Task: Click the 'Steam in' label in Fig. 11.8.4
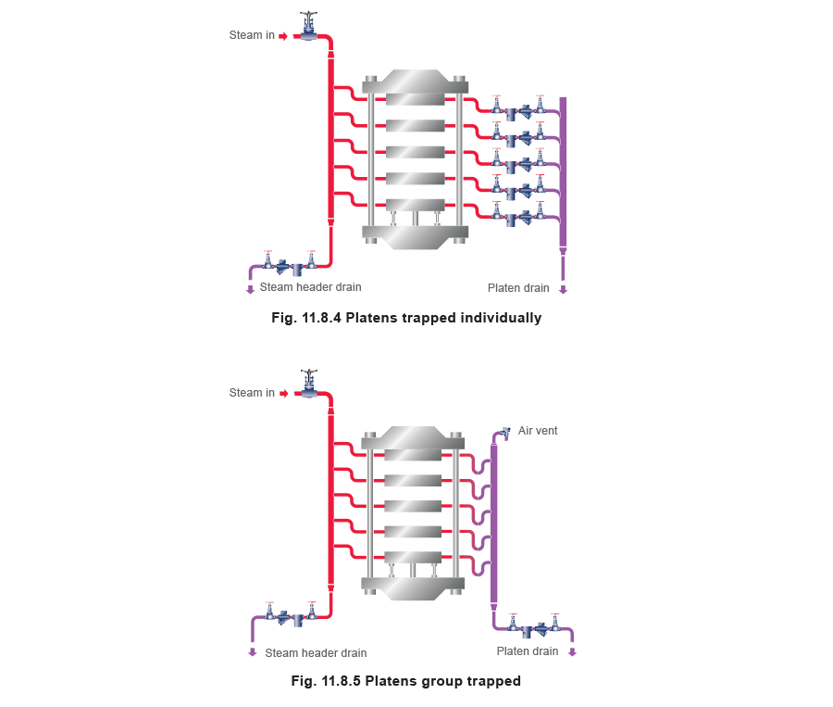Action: [252, 36]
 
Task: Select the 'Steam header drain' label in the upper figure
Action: [310, 288]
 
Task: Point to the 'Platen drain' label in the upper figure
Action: [519, 288]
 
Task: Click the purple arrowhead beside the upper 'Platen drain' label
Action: [563, 289]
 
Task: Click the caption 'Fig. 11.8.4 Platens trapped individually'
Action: [406, 318]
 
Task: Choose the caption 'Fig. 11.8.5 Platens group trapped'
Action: [405, 681]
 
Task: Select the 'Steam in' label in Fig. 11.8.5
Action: [252, 393]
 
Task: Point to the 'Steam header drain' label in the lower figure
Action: [310, 652]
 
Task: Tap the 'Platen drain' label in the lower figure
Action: [528, 651]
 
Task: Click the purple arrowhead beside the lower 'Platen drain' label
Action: [572, 652]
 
